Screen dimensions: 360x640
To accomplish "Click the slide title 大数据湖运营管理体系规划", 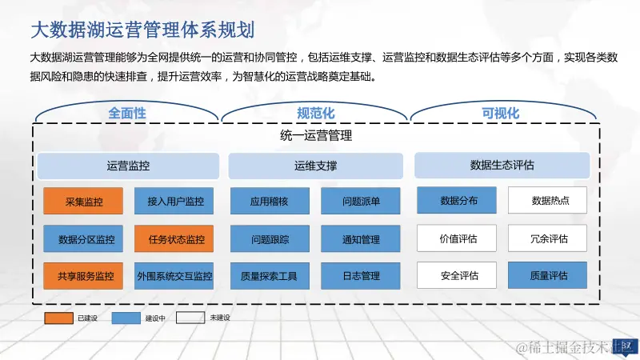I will [x=142, y=30].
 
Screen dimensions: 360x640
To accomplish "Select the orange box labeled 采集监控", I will [x=83, y=202].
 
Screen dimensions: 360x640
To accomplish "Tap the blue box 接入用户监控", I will [x=174, y=202].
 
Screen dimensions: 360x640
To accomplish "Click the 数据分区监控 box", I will [x=83, y=239].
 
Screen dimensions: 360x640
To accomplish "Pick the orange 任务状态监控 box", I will [x=174, y=239].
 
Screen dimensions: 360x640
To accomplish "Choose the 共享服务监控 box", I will [x=83, y=277].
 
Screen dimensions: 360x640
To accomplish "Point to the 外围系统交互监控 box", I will [x=174, y=277].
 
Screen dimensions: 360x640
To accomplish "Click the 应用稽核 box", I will [x=269, y=202].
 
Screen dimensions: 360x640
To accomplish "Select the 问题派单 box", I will [x=360, y=202].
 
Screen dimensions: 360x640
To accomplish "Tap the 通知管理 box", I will [x=360, y=239].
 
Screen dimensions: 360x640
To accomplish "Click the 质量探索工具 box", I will [x=269, y=277].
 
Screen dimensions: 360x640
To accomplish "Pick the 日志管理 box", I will [x=360, y=277].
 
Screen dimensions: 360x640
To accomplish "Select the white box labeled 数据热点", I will [x=548, y=201].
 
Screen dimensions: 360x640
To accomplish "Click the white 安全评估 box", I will [x=457, y=276].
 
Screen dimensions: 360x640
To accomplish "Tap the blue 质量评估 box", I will [x=548, y=276].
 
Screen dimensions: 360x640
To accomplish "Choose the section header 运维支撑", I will [x=314, y=166].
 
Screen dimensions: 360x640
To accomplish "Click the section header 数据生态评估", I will [x=502, y=166].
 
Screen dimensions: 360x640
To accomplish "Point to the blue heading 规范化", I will [x=315, y=114].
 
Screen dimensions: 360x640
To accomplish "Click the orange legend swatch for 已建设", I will [x=58, y=318].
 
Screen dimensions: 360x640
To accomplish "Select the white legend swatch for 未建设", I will [x=190, y=318].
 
